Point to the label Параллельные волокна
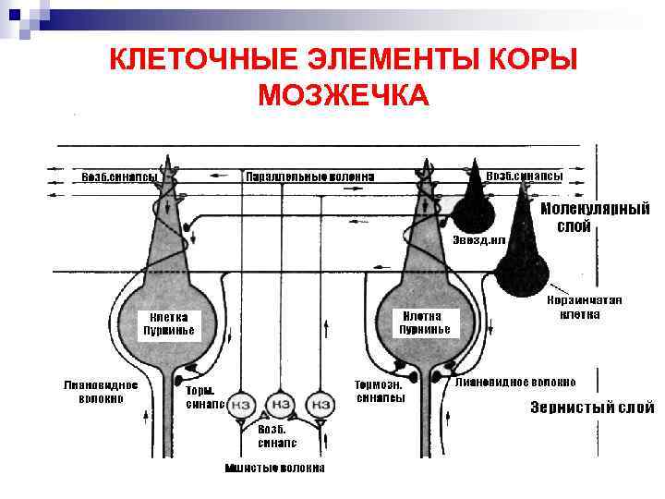click(x=309, y=176)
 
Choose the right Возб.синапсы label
click(x=525, y=175)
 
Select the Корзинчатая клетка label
click(x=585, y=307)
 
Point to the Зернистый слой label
click(x=591, y=408)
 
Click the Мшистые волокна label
click(x=275, y=468)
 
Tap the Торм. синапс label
click(x=203, y=396)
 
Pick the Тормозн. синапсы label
click(x=380, y=391)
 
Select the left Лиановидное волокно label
click(x=101, y=391)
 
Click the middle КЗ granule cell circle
click(x=280, y=404)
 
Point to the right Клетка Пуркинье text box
click(x=425, y=323)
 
